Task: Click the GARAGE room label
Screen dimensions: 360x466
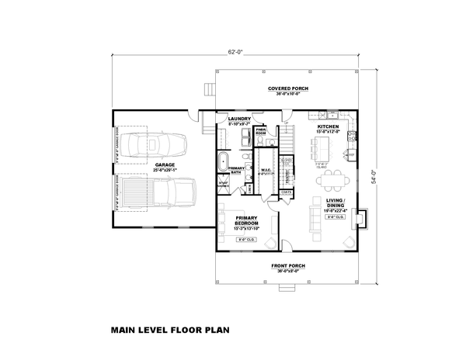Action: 163,166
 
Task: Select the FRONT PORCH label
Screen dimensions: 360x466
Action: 288,268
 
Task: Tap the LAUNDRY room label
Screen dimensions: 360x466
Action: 238,120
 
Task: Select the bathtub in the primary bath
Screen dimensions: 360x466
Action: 223,163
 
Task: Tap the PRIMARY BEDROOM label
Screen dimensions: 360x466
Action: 245,221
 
